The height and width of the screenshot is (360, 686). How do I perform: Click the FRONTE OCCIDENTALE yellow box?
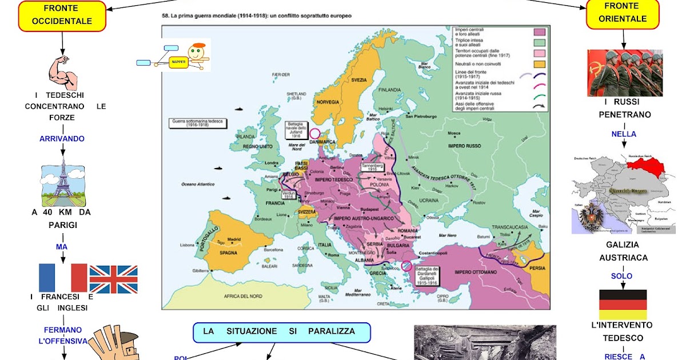click(x=62, y=15)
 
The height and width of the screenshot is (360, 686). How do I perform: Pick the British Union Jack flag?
click(x=113, y=279)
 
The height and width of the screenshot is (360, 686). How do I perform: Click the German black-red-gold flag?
click(x=623, y=304)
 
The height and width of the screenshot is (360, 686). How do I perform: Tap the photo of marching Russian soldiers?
click(x=625, y=73)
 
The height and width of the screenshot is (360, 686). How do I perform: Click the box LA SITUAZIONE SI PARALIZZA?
click(x=282, y=332)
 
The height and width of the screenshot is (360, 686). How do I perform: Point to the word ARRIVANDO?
click(x=62, y=139)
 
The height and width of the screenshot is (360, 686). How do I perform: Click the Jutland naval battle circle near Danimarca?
click(x=314, y=133)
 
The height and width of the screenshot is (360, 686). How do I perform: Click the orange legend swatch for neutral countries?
click(x=539, y=63)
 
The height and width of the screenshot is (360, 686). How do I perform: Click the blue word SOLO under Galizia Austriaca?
click(x=621, y=276)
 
